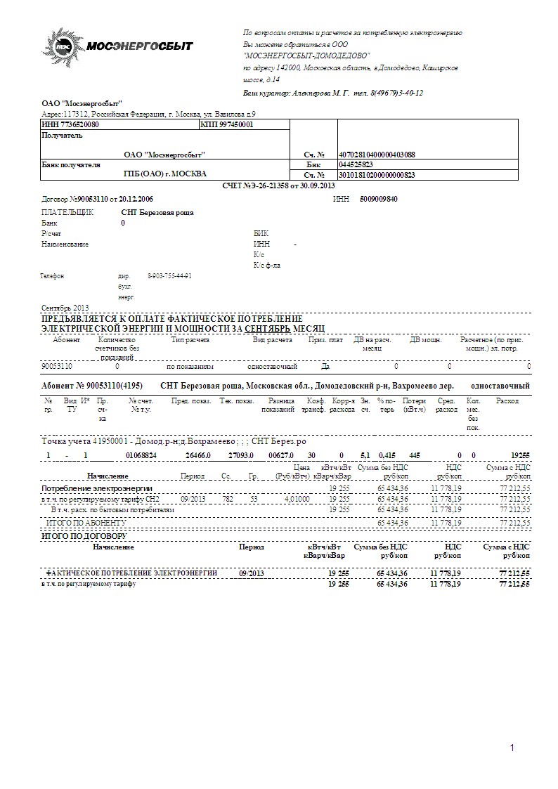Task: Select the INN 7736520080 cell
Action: click(x=70, y=124)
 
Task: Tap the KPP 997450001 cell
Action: click(x=226, y=124)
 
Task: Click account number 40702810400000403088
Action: click(x=377, y=155)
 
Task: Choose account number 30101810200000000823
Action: click(x=377, y=174)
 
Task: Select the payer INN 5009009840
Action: click(x=378, y=199)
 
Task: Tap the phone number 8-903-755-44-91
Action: click(x=169, y=276)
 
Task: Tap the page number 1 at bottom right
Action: click(x=512, y=747)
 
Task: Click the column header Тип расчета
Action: click(x=189, y=340)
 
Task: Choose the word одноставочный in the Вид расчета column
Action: click(x=272, y=367)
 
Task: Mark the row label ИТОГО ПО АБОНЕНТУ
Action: click(x=86, y=523)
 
